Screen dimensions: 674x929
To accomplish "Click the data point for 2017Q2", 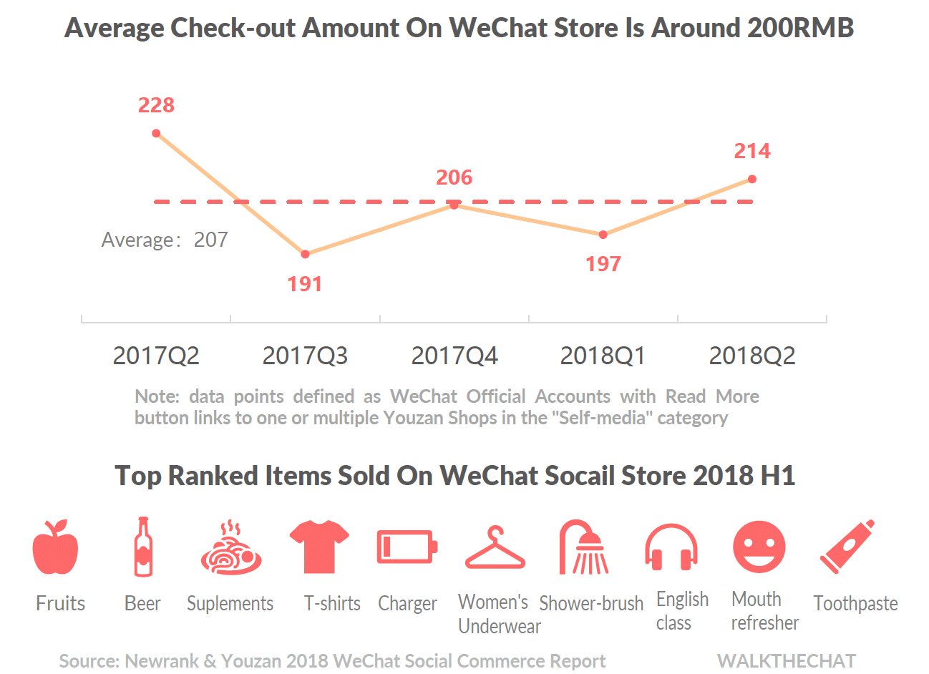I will click(x=156, y=134).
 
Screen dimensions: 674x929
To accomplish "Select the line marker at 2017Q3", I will click(x=306, y=254).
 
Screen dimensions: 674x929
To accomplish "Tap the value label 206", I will click(x=454, y=177).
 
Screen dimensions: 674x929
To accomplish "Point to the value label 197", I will click(x=603, y=264).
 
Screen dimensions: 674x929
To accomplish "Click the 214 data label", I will click(x=752, y=151).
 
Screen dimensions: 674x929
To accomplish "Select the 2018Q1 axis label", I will click(x=603, y=356).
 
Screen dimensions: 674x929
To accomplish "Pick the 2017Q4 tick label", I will click(x=454, y=356).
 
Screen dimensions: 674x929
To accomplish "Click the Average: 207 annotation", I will click(x=165, y=240).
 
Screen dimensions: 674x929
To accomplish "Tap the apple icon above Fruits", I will click(x=55, y=547).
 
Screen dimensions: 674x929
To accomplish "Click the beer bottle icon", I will click(x=143, y=547).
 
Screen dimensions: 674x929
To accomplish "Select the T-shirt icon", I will click(x=319, y=546).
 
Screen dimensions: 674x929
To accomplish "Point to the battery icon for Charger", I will click(x=407, y=547).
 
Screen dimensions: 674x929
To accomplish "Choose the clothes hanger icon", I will click(x=495, y=549).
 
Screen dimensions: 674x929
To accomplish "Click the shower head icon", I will click(x=584, y=547).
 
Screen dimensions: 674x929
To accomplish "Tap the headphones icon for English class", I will click(x=671, y=547).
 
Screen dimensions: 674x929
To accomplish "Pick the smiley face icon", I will click(x=759, y=547).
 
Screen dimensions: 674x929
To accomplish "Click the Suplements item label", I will click(x=230, y=604).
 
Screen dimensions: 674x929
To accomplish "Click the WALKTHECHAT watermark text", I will click(x=787, y=661).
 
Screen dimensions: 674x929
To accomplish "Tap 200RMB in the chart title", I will click(x=800, y=29).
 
